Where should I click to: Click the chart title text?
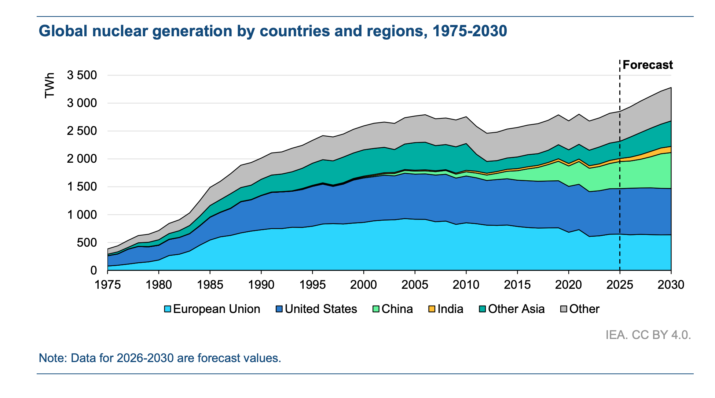273,31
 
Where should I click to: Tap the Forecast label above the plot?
648,65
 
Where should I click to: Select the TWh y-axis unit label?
49,85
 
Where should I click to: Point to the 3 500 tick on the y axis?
82,75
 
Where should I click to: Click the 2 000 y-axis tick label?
82,159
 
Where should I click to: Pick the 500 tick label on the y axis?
87,243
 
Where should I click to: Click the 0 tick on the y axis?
93,270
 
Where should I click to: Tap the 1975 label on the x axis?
107,285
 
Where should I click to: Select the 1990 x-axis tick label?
261,285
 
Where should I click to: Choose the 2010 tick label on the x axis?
466,285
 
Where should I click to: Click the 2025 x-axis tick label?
620,285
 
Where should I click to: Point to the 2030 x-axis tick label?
671,285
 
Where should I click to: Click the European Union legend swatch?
168,309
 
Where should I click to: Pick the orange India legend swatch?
432,309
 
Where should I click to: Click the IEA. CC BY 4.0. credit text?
648,335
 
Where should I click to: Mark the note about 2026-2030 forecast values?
160,358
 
